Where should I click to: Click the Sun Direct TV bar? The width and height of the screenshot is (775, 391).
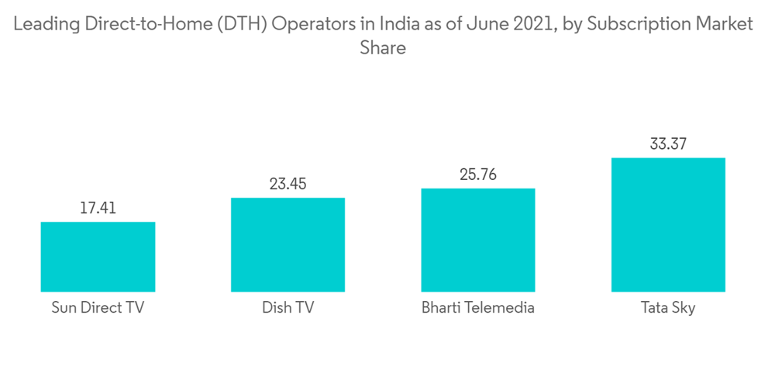tap(98, 257)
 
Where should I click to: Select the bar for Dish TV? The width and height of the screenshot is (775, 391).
tap(288, 244)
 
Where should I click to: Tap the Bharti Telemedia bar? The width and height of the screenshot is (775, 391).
tap(478, 240)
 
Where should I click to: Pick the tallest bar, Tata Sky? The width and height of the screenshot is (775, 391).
tap(668, 225)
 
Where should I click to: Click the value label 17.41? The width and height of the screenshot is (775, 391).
tap(98, 208)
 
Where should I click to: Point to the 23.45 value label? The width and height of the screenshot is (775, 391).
tap(288, 184)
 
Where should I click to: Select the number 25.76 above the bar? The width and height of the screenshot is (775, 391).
tap(478, 175)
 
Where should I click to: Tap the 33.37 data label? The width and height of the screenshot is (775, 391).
tap(668, 144)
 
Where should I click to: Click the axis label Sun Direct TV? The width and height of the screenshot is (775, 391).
tap(98, 308)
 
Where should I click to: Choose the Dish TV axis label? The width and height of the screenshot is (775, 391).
tap(288, 308)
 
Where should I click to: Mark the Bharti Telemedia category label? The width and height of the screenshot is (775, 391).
tap(478, 308)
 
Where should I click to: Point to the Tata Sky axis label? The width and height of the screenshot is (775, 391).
tap(668, 308)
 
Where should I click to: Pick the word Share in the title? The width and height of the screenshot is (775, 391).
tap(383, 47)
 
